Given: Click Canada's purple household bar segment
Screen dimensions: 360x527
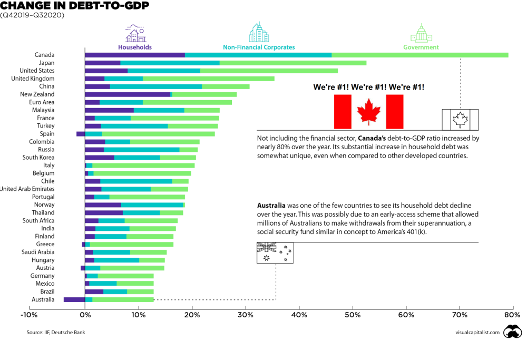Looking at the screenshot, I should point(135,55).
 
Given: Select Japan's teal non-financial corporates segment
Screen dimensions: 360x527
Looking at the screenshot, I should point(170,63).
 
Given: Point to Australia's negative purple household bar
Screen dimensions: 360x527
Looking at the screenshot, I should point(74,299).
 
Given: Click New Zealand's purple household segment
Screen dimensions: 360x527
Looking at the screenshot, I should point(128,94).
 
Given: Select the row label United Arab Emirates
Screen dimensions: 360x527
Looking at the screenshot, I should point(27,189).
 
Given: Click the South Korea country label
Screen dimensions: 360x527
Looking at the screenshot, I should point(38,157).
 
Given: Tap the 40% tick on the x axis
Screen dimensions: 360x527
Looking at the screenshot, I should point(299,315).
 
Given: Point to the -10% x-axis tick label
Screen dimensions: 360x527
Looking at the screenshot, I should point(28,315).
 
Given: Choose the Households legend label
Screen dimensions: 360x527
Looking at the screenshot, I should point(135,47).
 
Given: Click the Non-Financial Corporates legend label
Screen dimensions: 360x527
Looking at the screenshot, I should point(259,47).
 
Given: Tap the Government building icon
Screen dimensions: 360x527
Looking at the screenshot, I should point(421,33).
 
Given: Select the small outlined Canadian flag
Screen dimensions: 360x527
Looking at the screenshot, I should point(460,119).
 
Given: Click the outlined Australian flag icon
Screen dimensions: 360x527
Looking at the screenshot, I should point(275,252).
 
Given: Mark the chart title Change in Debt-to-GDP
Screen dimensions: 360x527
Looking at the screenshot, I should point(74,6).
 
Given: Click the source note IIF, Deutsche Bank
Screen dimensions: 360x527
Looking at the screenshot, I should point(56,332).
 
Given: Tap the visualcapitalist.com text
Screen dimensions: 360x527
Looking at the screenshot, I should point(477,332).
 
